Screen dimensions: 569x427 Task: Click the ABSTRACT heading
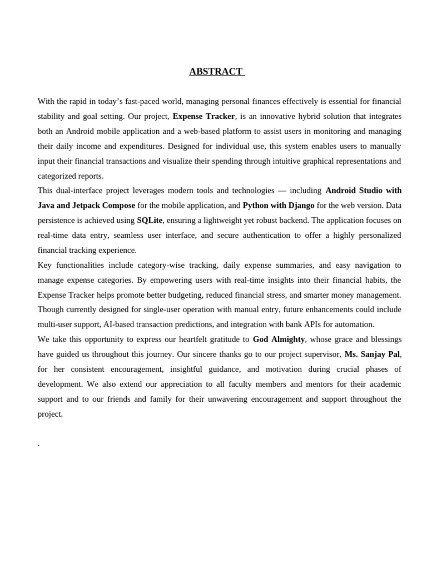[x=216, y=72]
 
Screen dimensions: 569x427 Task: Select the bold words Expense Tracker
[x=203, y=116]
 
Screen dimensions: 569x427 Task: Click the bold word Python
[x=256, y=206]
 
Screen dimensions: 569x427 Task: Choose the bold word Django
[x=301, y=206]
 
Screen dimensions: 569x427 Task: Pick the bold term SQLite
[x=150, y=221]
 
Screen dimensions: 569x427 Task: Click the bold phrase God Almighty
[x=279, y=340]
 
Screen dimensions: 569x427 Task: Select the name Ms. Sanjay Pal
[x=372, y=355]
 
